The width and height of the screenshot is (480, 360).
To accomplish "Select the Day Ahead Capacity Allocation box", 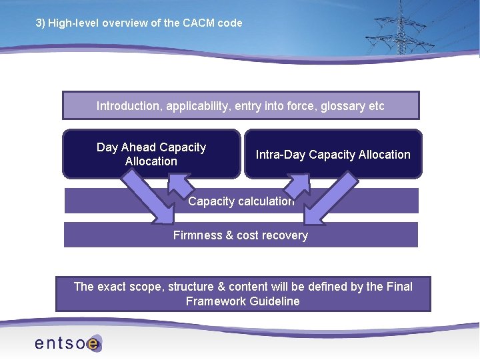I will click(151, 154).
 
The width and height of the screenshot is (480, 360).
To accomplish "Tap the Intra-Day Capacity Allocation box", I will click(333, 155).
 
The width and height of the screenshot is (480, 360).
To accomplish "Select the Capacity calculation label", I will click(241, 201).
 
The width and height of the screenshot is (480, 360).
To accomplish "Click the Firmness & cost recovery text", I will click(241, 235).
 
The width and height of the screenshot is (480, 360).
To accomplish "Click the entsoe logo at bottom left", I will click(67, 343).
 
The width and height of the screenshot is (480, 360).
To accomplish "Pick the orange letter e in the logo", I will click(93, 343).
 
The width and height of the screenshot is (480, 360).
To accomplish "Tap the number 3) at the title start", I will click(40, 23).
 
